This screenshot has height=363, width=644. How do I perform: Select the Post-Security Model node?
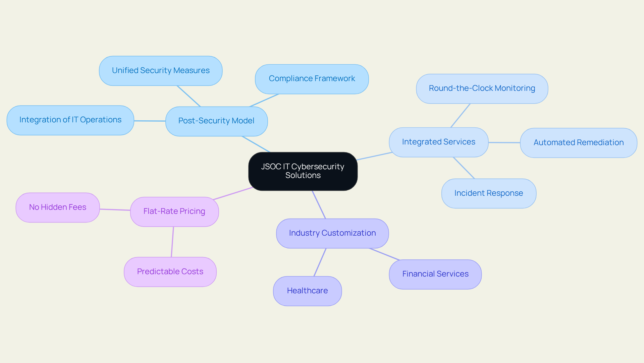216,121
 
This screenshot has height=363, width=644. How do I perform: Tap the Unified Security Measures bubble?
161,71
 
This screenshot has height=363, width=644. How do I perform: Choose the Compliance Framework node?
312,79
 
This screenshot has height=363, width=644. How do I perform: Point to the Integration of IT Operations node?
70,120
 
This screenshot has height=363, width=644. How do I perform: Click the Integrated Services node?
438,142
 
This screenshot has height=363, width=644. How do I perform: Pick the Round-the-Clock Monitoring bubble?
482,88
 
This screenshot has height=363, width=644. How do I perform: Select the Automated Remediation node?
578,143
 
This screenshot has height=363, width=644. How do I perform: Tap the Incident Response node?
488,193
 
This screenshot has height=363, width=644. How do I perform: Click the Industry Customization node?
332,233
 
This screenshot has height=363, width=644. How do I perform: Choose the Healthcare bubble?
307,291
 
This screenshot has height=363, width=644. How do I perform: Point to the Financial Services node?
435,274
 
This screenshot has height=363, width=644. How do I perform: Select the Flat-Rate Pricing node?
174,211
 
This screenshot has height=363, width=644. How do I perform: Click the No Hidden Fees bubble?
58,207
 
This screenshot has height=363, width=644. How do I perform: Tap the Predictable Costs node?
170,272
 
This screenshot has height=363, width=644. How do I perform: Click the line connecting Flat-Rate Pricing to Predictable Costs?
172,242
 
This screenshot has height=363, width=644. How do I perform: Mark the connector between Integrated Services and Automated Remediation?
504,142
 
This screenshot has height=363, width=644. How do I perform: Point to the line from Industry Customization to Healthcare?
320,262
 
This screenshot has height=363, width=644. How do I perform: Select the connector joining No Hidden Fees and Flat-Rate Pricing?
115,210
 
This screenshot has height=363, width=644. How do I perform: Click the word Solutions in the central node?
303,175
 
